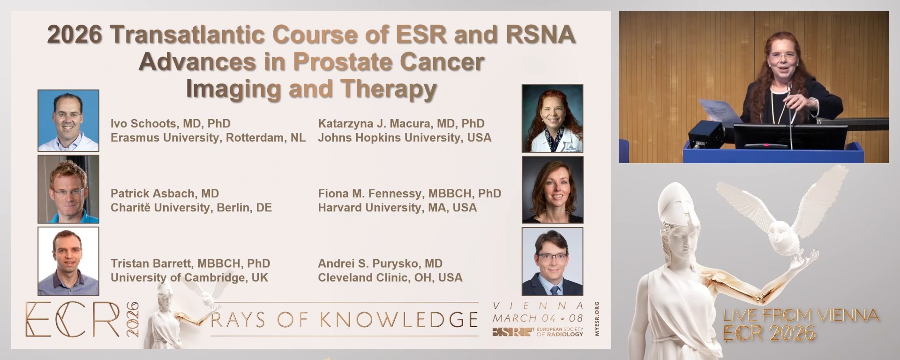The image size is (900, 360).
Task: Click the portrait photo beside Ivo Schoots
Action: tap(68, 120)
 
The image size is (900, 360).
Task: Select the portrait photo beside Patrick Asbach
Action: tap(68, 189)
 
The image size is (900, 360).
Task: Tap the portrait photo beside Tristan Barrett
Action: tap(68, 261)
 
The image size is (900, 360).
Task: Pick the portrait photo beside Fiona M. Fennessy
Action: tap(553, 189)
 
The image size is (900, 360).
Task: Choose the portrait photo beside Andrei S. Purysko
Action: tap(553, 262)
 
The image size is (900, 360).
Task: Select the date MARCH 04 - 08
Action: tap(538, 318)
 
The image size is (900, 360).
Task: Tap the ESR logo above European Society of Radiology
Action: tap(513, 332)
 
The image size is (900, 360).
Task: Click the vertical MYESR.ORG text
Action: tap(596, 319)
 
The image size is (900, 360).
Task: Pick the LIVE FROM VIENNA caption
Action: tap(801, 315)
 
